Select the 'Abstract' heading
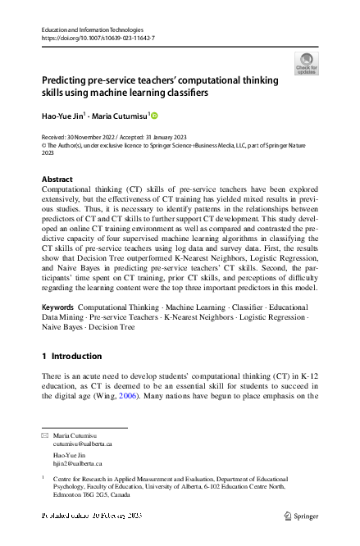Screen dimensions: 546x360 (x=57, y=179)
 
